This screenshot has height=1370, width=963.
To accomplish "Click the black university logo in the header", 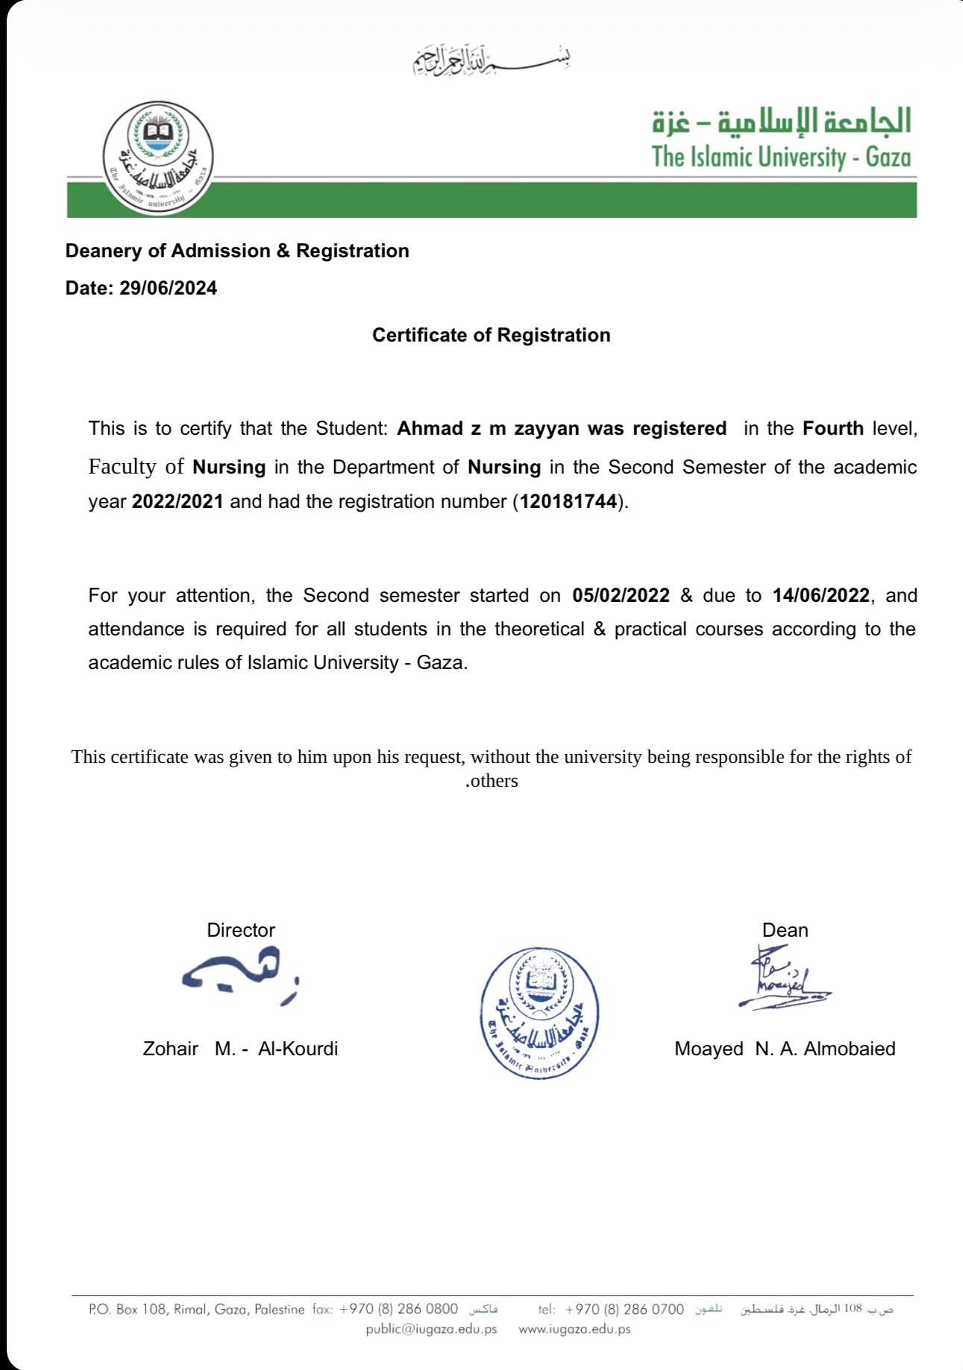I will pyautogui.click(x=158, y=158).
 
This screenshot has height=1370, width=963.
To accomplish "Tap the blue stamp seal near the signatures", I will pyautogui.click(x=539, y=1013).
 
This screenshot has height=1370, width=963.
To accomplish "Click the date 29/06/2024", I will pyautogui.click(x=168, y=289).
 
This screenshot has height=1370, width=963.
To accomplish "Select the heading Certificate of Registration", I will pyautogui.click(x=491, y=336).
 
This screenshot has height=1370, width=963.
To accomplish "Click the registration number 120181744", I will pyautogui.click(x=568, y=501).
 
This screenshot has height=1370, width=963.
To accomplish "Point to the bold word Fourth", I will pyautogui.click(x=832, y=429).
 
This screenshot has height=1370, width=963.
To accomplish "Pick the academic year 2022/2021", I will pyautogui.click(x=178, y=501).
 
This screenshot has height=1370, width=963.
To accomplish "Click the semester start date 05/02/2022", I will pyautogui.click(x=621, y=595).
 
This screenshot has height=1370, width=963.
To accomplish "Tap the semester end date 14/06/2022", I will pyautogui.click(x=821, y=595).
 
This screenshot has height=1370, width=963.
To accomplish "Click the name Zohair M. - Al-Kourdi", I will pyautogui.click(x=240, y=1049).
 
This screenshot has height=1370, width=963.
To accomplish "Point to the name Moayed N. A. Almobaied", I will pyautogui.click(x=785, y=1049).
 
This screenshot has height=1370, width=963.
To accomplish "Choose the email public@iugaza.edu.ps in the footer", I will pyautogui.click(x=431, y=1329).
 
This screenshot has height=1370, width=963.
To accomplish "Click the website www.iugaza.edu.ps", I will pyautogui.click(x=574, y=1329).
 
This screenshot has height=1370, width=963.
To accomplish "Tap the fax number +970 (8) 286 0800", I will pyautogui.click(x=398, y=1309).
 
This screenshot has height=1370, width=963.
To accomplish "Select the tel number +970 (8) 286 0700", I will pyautogui.click(x=624, y=1309).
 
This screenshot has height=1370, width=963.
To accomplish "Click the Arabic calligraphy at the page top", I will pyautogui.click(x=492, y=60).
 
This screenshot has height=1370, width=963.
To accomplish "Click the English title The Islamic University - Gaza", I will pyautogui.click(x=781, y=157).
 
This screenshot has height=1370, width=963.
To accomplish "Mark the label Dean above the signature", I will pyautogui.click(x=785, y=930).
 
